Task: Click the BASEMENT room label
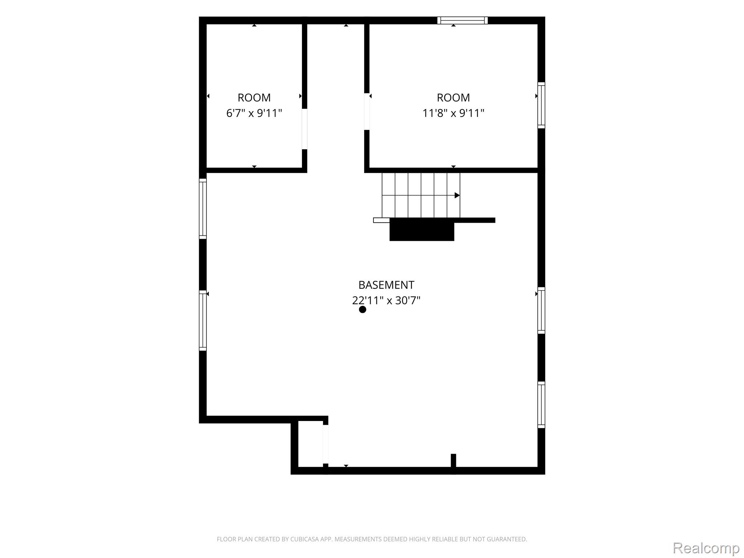[x=386, y=285]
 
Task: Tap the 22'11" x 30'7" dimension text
[x=386, y=300]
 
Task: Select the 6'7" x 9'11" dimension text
[x=254, y=113]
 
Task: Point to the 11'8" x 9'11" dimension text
[x=453, y=113]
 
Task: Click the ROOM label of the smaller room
[x=254, y=97]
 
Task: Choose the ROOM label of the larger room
[x=453, y=97]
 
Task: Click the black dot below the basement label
[x=362, y=310]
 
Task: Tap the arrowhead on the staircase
[x=457, y=195]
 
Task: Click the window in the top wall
[x=462, y=20]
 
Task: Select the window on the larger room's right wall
[x=541, y=105]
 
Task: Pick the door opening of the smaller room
[x=304, y=129]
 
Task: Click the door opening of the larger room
[x=367, y=112]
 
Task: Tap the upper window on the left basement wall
[x=203, y=209]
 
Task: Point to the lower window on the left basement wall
[x=203, y=320]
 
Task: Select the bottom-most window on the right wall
[x=541, y=405]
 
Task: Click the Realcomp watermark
[x=706, y=548]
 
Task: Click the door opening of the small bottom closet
[x=325, y=444]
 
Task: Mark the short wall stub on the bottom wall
[x=453, y=461]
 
